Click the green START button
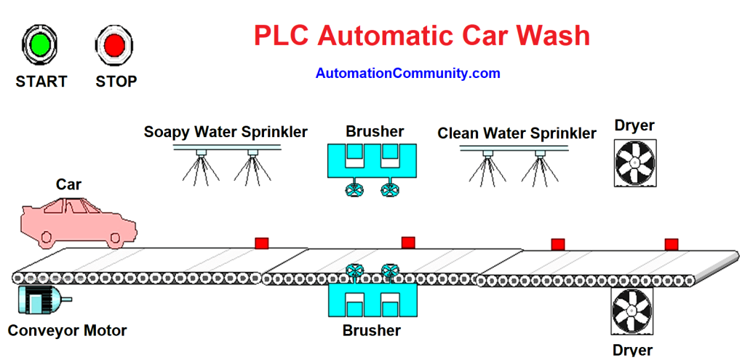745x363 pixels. (x=41, y=44)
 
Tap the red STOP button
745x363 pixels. (x=114, y=44)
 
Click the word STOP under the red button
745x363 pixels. (x=116, y=82)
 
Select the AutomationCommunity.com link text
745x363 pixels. (x=407, y=74)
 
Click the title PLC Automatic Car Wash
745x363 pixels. (x=422, y=35)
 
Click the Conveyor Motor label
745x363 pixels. (x=67, y=331)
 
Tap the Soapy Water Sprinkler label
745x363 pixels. (x=226, y=132)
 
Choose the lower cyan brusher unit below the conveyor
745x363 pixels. (x=372, y=300)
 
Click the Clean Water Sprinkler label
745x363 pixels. (x=517, y=133)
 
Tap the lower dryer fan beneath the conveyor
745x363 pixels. (x=632, y=311)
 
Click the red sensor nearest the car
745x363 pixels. (x=261, y=243)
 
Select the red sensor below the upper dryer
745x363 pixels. (x=671, y=244)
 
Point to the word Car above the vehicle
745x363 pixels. (x=69, y=185)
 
